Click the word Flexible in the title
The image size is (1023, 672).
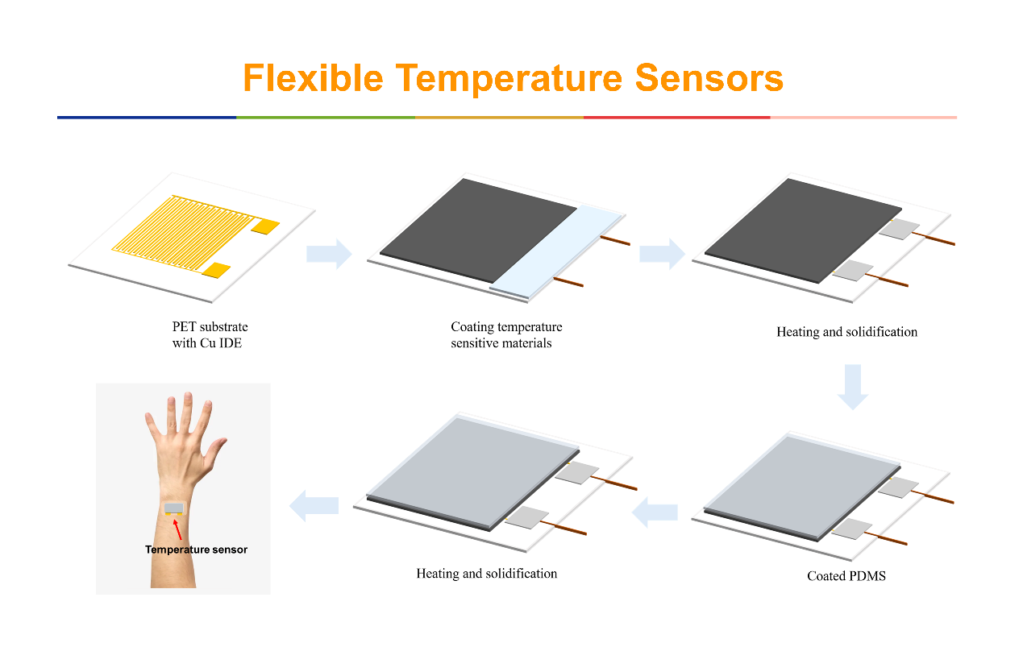[x=313, y=77]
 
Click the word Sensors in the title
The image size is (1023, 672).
[x=709, y=77]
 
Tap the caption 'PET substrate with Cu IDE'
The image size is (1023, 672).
[x=210, y=334]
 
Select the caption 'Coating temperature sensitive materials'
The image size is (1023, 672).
[x=506, y=334]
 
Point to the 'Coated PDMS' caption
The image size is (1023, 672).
[x=846, y=576]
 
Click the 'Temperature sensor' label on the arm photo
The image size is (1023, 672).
[x=196, y=550]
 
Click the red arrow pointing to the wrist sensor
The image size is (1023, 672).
[x=177, y=529]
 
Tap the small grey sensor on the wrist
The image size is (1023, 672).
[x=173, y=508]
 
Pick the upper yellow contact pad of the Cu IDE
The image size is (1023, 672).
[x=265, y=226]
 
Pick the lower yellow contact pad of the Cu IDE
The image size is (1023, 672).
[x=216, y=270]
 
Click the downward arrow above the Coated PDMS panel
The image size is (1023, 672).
[x=852, y=387]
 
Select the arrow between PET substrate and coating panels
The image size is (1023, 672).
[x=329, y=253]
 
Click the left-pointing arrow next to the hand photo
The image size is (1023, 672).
[x=314, y=506]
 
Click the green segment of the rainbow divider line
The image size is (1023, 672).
[x=326, y=118]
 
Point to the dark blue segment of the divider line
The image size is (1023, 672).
[x=147, y=118]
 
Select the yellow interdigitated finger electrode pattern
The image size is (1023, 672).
[x=183, y=231]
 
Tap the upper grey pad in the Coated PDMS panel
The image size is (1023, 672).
[x=898, y=487]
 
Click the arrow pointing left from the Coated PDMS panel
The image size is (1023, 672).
[x=655, y=512]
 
